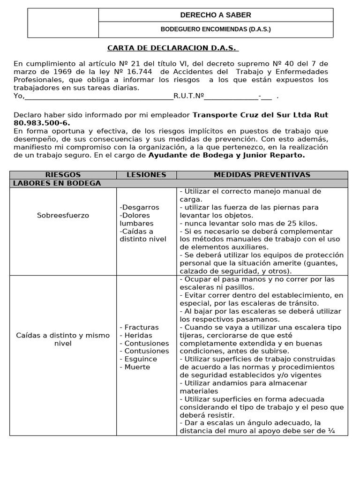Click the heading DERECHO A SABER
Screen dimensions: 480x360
click(216, 15)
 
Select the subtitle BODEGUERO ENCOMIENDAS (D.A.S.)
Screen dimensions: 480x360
click(216, 29)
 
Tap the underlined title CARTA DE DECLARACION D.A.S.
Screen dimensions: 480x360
click(173, 48)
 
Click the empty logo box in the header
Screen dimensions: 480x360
click(63, 22)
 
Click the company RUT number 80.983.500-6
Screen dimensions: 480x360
click(42, 123)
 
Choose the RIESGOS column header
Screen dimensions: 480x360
click(63, 175)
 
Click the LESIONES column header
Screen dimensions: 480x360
click(146, 175)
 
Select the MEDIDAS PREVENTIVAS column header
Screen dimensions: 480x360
click(262, 175)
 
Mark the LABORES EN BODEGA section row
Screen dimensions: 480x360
click(57, 183)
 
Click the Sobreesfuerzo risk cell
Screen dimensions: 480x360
click(63, 216)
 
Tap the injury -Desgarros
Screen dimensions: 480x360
click(139, 207)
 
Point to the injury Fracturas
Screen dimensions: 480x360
click(141, 327)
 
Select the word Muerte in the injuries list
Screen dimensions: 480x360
click(137, 367)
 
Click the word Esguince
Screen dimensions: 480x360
click(141, 359)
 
